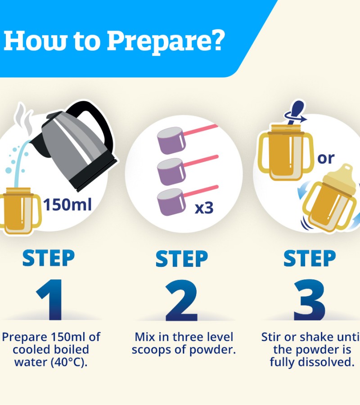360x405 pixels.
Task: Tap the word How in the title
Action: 36,41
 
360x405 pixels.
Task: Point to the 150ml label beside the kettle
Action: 67,205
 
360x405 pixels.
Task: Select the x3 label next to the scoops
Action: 204,208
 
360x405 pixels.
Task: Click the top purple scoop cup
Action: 171,140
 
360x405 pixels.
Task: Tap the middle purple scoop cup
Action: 171,172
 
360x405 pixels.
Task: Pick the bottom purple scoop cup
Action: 171,202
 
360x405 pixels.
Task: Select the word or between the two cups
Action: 326,158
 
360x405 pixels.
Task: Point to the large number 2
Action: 181,300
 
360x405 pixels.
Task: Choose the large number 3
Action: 310,300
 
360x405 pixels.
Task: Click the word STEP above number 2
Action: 181,258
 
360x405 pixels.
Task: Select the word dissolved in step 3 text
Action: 326,362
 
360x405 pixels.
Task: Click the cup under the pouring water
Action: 20,211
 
